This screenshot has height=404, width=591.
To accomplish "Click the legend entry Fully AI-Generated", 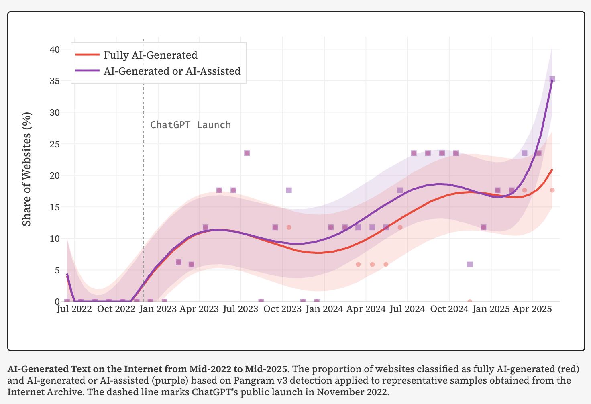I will pyautogui.click(x=150, y=55).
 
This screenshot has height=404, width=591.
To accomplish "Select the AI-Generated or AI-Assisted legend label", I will pyautogui.click(x=172, y=71).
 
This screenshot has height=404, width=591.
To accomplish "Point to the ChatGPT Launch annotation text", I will pyautogui.click(x=190, y=125).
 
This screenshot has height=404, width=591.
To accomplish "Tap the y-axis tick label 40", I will pyautogui.click(x=55, y=49).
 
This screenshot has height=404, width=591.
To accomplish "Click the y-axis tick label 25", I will pyautogui.click(x=55, y=144).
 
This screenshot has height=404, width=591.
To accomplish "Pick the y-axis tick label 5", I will pyautogui.click(x=57, y=270).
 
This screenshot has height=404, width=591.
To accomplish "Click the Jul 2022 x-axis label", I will pyautogui.click(x=74, y=309).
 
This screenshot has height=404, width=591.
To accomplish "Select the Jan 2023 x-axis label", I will pyautogui.click(x=157, y=309).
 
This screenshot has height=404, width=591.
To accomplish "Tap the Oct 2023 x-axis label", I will pyautogui.click(x=282, y=309).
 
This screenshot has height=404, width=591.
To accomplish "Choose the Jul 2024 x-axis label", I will pyautogui.click(x=407, y=309).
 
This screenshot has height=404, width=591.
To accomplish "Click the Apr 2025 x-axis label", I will pyautogui.click(x=532, y=309).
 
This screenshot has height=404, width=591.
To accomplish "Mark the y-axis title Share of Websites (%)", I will pyautogui.click(x=26, y=169).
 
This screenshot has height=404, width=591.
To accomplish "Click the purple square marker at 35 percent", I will pyautogui.click(x=552, y=79).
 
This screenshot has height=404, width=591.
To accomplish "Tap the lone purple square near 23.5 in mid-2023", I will pyautogui.click(x=247, y=153).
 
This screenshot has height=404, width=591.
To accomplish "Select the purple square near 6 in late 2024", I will pyautogui.click(x=470, y=264).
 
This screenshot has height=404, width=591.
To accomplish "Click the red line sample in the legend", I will pyautogui.click(x=87, y=55).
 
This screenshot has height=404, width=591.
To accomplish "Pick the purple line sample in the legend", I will pyautogui.click(x=87, y=71).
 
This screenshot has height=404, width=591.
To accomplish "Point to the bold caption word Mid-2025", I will pyautogui.click(x=268, y=369).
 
